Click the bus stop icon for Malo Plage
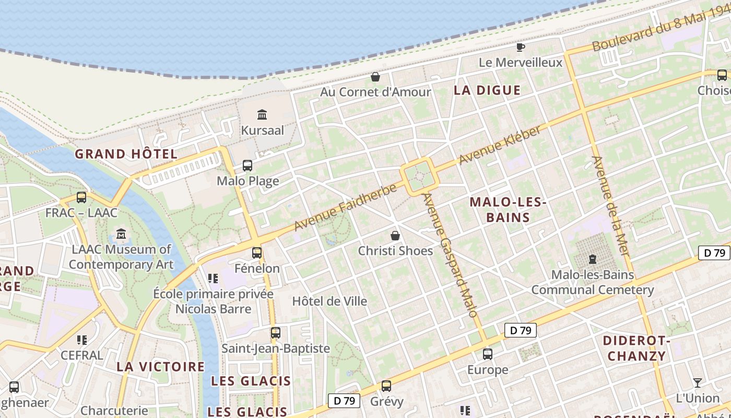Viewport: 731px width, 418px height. coord(247,166)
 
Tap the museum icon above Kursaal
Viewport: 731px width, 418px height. coord(262,114)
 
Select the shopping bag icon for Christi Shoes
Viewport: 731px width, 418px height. coord(395,236)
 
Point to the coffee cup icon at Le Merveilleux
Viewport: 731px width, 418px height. coord(521,48)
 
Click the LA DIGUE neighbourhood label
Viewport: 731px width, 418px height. coord(487,90)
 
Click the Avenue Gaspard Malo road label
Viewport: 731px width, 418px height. coord(450,255)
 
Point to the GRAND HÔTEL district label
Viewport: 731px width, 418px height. coord(126,154)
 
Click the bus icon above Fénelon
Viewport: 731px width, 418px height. coord(257,253)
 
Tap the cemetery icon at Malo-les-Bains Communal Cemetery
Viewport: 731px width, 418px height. coord(593,259)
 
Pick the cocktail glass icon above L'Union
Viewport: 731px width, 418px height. coord(697,383)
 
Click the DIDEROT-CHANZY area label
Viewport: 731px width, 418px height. coord(636,349)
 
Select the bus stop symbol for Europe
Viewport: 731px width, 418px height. coord(487,354)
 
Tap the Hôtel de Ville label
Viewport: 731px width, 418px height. coord(329,301)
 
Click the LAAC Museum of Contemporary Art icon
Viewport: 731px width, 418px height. coord(122,234)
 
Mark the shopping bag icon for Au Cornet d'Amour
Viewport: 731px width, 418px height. coord(375,77)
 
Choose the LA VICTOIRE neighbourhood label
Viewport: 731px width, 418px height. coord(160,366)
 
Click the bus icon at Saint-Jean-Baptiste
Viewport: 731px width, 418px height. coord(275,332)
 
